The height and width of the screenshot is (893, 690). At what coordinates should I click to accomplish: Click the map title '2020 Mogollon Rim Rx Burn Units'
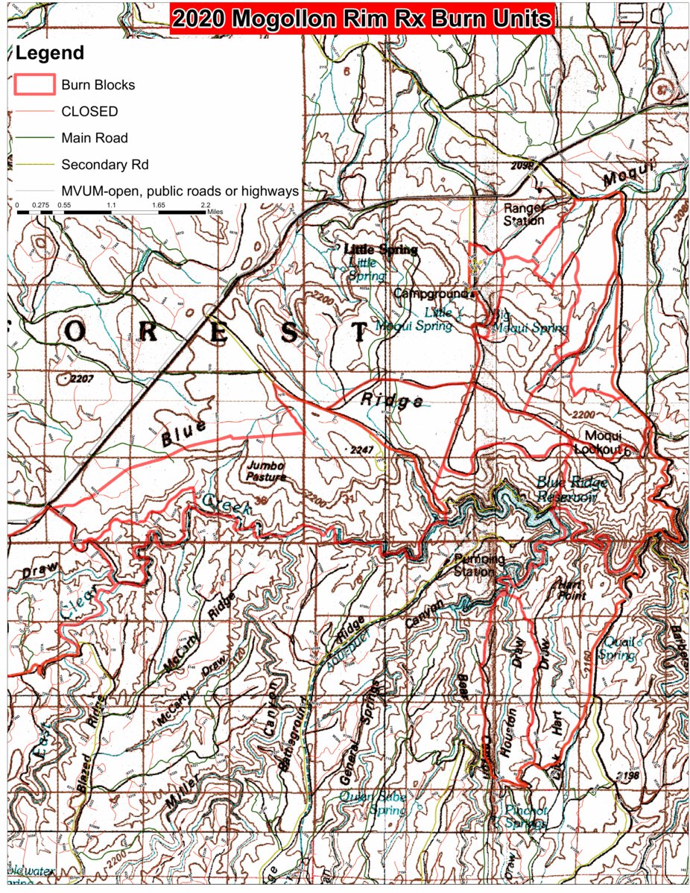(362, 19)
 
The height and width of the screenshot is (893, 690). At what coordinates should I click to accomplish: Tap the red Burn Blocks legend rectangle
(34, 84)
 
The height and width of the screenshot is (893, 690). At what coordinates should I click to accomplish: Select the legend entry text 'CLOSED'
(89, 111)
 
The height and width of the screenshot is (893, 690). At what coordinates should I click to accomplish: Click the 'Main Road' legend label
(95, 138)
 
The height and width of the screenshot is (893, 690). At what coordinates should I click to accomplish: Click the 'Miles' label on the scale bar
(215, 212)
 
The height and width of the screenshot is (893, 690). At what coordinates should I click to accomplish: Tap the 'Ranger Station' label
(524, 214)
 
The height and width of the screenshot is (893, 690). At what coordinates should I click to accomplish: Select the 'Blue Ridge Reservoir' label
(572, 490)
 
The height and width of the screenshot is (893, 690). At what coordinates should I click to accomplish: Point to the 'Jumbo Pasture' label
(265, 471)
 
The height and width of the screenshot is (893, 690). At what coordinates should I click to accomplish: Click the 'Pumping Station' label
(480, 565)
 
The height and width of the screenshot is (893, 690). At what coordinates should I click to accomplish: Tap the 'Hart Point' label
(570, 590)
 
